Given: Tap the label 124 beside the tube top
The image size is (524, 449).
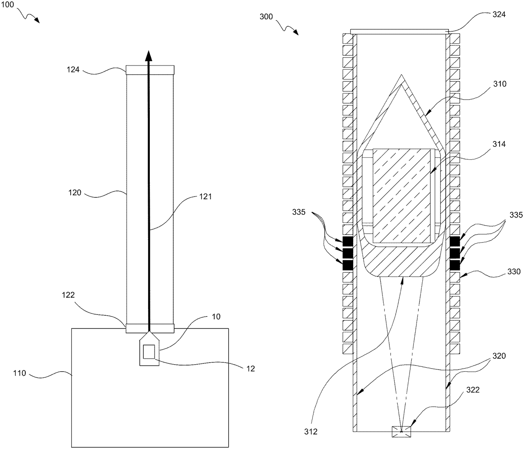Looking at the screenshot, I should pos(73,69).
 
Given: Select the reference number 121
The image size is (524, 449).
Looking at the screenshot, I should pos(205,197).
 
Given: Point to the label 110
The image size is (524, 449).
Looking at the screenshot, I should pos(19,373).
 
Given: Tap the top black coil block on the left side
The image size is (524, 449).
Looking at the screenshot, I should pos(348,241).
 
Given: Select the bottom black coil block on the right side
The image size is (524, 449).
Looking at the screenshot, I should pos(455,264).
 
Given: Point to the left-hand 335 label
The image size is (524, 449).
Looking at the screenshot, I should pos(303,213).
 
